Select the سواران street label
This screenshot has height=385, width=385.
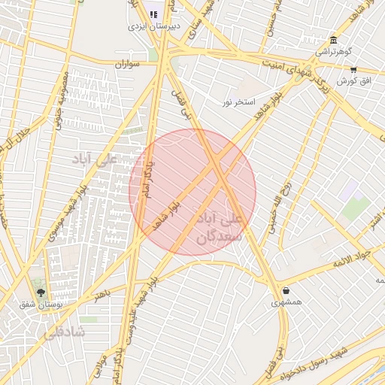pos(129,65)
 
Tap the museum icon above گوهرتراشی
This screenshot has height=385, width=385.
pos(333,40)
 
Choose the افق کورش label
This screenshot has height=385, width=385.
pos(353,80)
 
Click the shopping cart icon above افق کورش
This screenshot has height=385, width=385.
pos(353,69)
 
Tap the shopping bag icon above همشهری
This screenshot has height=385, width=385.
pos(286,290)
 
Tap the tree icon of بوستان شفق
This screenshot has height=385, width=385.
pos(41,293)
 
